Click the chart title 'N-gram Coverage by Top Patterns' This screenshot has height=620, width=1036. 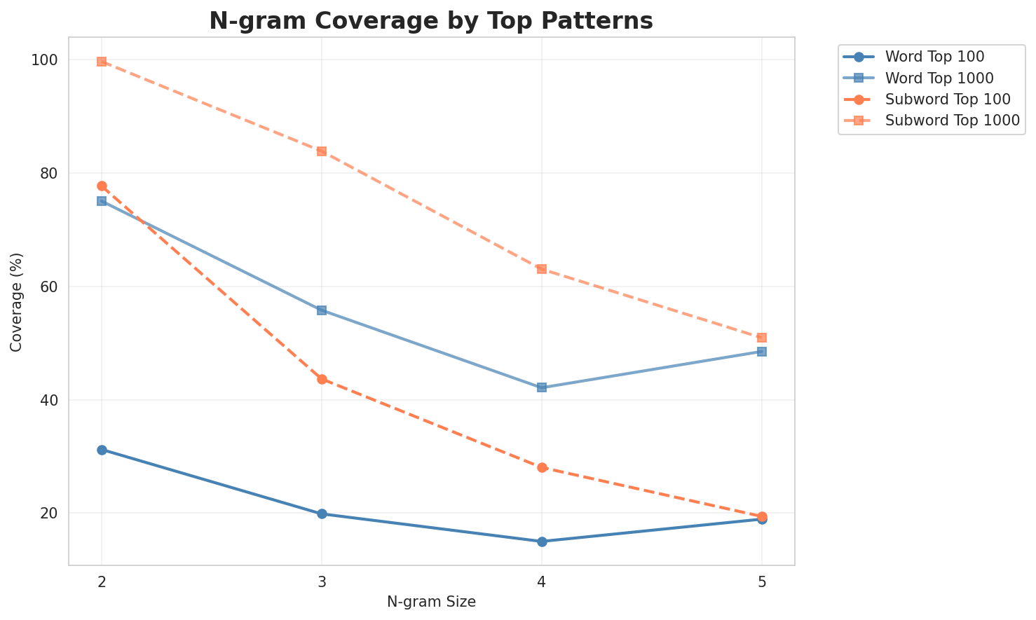[431, 20]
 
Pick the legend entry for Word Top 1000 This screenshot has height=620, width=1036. [939, 77]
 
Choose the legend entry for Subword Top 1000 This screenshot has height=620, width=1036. [951, 120]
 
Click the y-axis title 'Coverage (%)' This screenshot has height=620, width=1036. [17, 301]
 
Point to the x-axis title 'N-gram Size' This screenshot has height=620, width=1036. [431, 602]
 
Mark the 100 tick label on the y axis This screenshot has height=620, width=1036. [43, 60]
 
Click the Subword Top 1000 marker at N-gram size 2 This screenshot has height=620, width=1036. [102, 62]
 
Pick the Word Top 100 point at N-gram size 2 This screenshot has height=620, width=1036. [102, 450]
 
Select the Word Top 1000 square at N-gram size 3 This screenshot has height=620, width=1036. [322, 310]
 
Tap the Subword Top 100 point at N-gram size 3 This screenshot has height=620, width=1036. [322, 379]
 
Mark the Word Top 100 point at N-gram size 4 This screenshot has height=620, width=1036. [542, 542]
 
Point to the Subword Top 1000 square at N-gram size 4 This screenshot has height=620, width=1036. [542, 269]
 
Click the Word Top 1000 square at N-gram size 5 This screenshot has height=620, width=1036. [762, 352]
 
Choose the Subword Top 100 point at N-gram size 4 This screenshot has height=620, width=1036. [542, 467]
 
